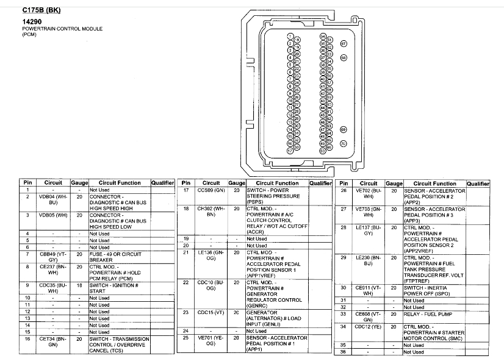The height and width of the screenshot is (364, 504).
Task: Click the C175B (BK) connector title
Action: pos(41,10)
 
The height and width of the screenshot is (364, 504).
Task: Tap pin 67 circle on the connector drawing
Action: pos(343,44)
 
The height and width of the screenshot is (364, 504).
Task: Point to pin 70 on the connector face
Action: pos(343,144)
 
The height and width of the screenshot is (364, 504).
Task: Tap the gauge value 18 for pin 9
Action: pos(79,285)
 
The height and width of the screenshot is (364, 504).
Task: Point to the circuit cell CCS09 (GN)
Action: pos(211,190)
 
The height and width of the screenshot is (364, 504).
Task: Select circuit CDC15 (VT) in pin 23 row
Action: pos(211,313)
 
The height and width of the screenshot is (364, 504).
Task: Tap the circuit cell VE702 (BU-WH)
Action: pos(369,194)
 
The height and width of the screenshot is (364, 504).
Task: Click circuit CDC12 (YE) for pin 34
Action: pos(369,326)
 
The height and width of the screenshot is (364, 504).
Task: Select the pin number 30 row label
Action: pos(344,287)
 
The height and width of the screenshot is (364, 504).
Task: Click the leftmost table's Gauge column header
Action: pos(79,183)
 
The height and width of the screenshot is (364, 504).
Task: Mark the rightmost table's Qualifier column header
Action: pos(478,183)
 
